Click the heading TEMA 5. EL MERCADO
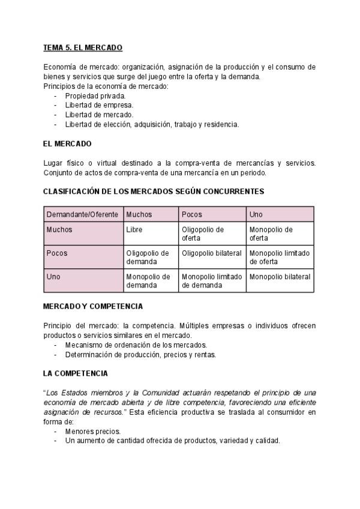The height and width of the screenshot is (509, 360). pos(83,47)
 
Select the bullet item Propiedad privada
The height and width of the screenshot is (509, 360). pos(95,96)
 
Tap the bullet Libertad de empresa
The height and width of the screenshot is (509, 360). pos(99,105)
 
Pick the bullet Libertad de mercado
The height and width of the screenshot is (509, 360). pos(99,115)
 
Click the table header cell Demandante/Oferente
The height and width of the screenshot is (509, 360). pos(82,214)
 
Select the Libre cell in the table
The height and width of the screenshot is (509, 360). pos(134,229)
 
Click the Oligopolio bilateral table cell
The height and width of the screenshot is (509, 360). pos(212,253)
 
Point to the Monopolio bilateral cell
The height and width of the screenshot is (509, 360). pos(280,277)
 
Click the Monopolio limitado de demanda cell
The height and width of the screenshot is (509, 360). pos(212,281)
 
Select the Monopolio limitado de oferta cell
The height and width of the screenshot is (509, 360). pos(280,258)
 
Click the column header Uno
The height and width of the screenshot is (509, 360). pos(256,214)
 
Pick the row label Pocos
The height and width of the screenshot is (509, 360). pos(57,253)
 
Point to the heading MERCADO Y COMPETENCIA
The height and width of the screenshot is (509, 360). pos(93,306)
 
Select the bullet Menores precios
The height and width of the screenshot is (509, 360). pos(93,432)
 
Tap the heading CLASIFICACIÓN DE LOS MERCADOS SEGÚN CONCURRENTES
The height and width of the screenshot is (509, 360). pos(154,191)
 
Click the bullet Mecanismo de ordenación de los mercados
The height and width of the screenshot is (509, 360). pos(136,345)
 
